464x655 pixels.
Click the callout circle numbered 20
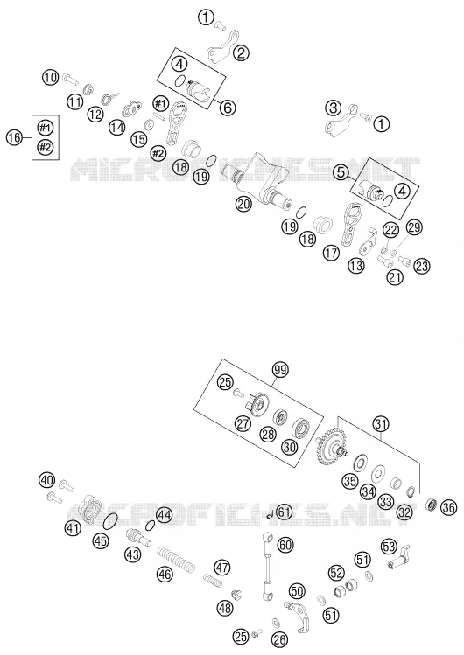[x=243, y=204]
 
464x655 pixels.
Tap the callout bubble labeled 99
[x=281, y=370]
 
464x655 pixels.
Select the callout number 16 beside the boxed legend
[x=15, y=137]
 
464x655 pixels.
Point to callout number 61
[x=285, y=512]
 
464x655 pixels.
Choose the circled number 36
[x=449, y=507]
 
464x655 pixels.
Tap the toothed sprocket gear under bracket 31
[x=331, y=445]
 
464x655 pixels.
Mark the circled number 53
[x=389, y=546]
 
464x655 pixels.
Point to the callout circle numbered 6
[x=227, y=108]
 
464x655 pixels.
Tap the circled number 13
[x=356, y=266]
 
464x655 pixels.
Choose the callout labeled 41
[x=73, y=528]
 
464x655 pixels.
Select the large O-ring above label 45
[x=109, y=522]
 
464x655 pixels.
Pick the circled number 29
[x=414, y=227]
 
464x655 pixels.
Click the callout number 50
[x=297, y=591]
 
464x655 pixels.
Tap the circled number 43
[x=132, y=554]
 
